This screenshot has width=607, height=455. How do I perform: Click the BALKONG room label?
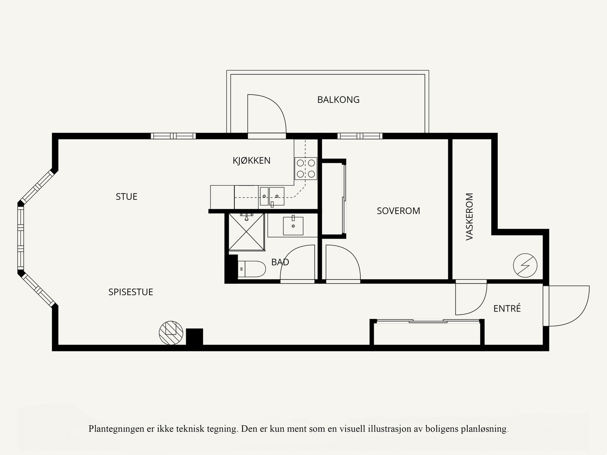pyautogui.click(x=338, y=100)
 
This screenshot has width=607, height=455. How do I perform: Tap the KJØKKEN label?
pyautogui.click(x=252, y=161)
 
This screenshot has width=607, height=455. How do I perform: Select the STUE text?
pyautogui.click(x=126, y=197)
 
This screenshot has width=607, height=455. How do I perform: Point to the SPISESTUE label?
pyautogui.click(x=131, y=292)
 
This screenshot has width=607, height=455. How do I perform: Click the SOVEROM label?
pyautogui.click(x=398, y=211)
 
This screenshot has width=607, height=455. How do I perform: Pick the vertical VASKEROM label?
pyautogui.click(x=470, y=216)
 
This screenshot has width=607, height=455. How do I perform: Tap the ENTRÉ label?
pyautogui.click(x=507, y=309)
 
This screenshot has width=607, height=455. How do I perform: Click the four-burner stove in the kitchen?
pyautogui.click(x=306, y=169)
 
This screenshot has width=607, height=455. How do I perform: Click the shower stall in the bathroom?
pyautogui.click(x=247, y=232)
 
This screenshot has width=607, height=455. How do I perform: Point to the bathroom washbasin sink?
pyautogui.click(x=293, y=226)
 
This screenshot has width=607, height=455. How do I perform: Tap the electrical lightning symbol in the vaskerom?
pyautogui.click(x=525, y=265)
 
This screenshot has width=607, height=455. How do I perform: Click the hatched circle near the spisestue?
pyautogui.click(x=171, y=333)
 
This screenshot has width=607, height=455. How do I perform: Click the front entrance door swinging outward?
pyautogui.click(x=567, y=306)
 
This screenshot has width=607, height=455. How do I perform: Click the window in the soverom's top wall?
pyautogui.click(x=360, y=136)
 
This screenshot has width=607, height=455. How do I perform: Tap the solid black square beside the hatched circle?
pyautogui.click(x=194, y=337)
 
